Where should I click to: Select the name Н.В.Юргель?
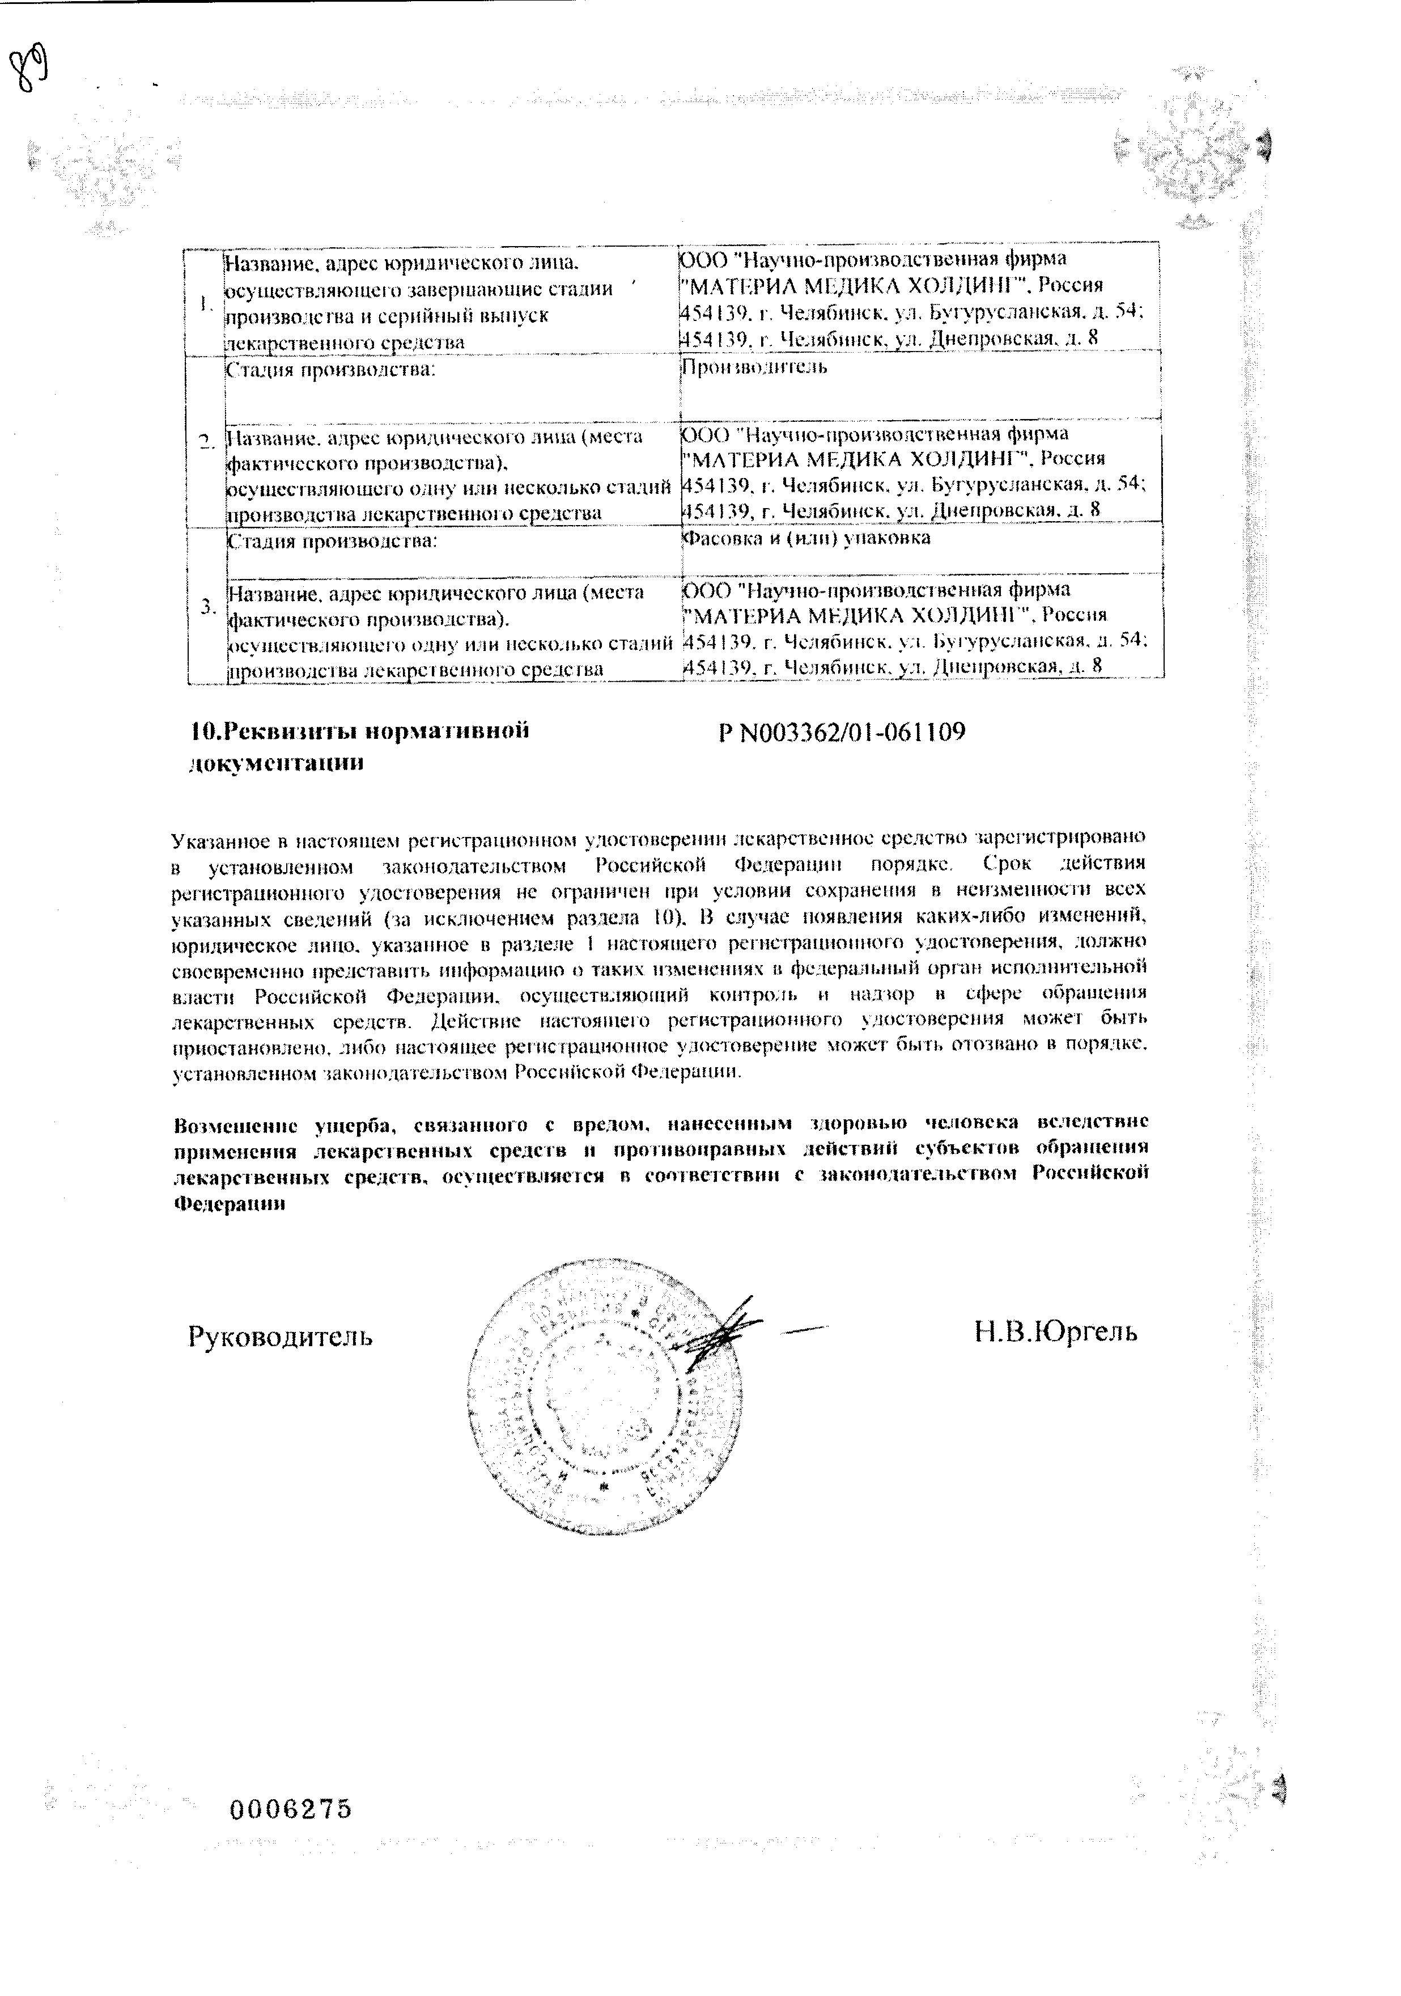[x=1055, y=1331]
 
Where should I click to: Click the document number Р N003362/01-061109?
[x=841, y=732]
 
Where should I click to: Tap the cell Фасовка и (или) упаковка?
[x=805, y=538]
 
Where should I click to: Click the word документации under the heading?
[x=275, y=763]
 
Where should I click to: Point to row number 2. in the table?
[x=206, y=442]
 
